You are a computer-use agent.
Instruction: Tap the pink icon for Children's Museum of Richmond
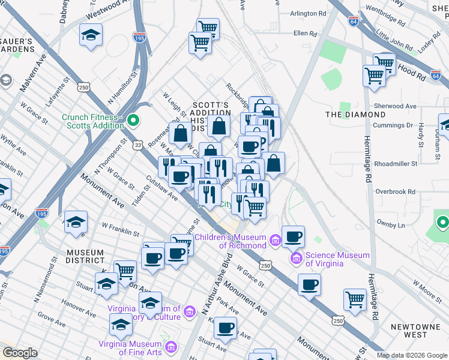coord(275,241)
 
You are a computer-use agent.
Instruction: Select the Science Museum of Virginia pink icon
coord(296,259)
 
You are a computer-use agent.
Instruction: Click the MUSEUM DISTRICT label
coord(85,256)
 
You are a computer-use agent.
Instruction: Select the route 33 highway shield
coord(139,145)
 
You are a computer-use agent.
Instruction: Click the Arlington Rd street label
coord(312,13)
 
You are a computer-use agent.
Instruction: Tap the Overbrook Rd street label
coord(395,191)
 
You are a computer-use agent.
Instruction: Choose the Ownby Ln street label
coord(390,224)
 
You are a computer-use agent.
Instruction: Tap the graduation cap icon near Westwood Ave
coord(91,35)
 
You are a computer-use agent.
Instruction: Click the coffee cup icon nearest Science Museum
coord(293,236)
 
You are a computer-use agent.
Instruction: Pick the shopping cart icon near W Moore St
coord(355,299)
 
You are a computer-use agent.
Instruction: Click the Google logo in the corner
coord(20,352)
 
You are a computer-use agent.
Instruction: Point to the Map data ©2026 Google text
coord(411,355)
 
